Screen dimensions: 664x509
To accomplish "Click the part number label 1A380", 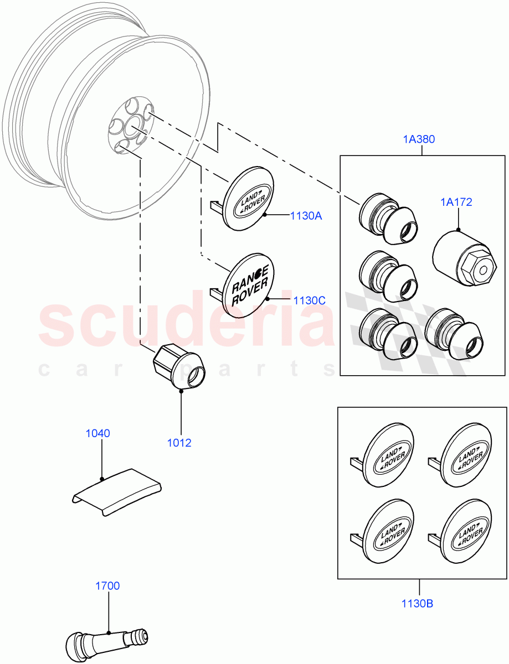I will click(x=419, y=139).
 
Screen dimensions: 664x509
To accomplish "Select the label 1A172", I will click(x=456, y=203).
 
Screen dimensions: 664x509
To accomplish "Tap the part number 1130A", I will click(x=305, y=216).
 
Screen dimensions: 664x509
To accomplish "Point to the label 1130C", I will click(x=309, y=300).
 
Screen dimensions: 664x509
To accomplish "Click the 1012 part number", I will click(x=179, y=443).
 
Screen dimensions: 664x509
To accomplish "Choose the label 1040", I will click(x=97, y=433).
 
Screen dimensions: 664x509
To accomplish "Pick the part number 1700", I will click(x=107, y=585).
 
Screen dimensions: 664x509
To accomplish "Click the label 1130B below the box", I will click(x=418, y=603).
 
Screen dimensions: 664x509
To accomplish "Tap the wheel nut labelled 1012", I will click(x=178, y=366).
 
